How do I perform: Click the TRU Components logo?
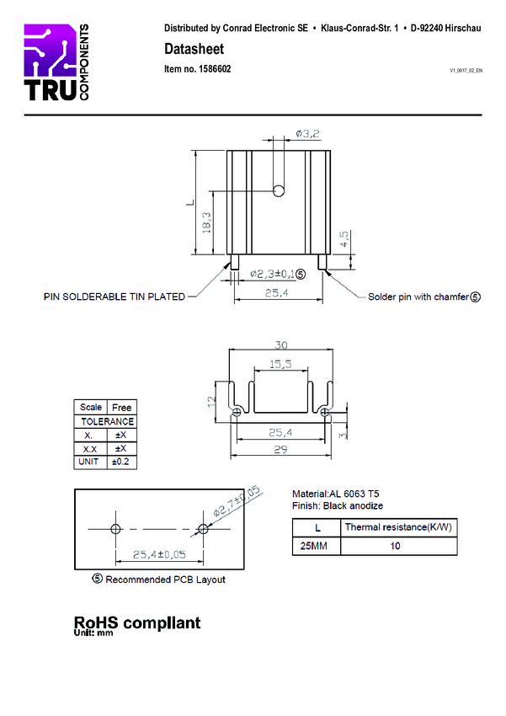[x=56, y=62]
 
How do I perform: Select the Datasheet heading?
[x=194, y=49]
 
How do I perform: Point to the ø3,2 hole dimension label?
[x=307, y=134]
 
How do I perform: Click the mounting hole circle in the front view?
[x=279, y=190]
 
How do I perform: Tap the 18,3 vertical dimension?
[x=206, y=223]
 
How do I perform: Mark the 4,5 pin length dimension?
[x=344, y=239]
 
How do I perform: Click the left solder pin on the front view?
[x=235, y=262]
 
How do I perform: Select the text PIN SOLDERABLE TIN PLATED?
[x=114, y=297]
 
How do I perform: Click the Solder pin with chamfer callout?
[x=424, y=297]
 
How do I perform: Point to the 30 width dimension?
[x=281, y=345]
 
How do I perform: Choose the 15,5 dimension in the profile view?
[x=280, y=364]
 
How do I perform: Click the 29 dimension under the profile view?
[x=280, y=449]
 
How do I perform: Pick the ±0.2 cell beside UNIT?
[x=122, y=462]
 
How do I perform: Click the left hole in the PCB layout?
[x=116, y=529]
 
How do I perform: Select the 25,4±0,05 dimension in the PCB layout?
[x=159, y=554]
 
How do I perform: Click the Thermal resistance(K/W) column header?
[x=398, y=527]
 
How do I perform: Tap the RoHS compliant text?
[x=137, y=622]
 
